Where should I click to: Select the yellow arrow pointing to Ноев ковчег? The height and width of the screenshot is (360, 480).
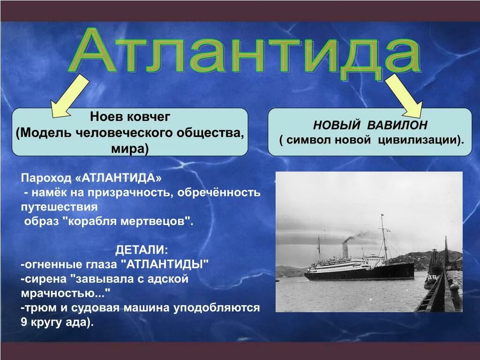[x=70, y=96]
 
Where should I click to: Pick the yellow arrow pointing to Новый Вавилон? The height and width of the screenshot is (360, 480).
[x=404, y=96]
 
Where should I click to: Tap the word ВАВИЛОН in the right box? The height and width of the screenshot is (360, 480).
[x=397, y=125]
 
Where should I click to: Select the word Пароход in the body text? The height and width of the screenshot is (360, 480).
[x=46, y=178]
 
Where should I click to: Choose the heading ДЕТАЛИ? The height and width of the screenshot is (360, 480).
[x=142, y=250]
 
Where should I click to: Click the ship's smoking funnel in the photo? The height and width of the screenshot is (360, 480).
[x=345, y=250]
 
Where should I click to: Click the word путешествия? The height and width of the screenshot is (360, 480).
[x=59, y=207]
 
